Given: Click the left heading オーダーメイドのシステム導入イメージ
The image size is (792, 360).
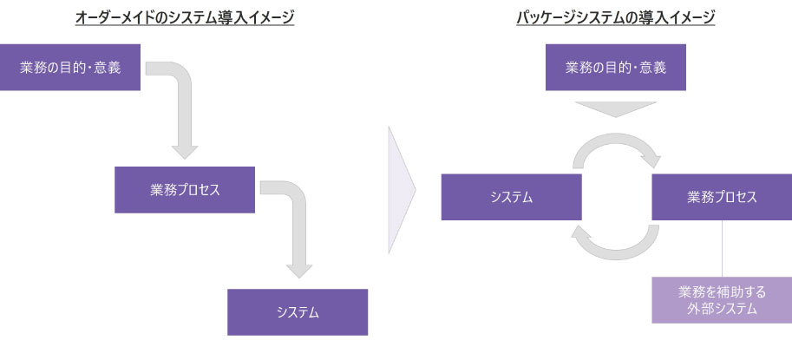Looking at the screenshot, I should point(185,17).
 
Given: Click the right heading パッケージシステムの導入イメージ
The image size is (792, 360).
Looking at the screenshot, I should point(615,17).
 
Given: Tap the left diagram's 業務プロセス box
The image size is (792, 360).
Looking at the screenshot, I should point(185,189).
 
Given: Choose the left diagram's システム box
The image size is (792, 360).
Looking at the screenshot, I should point(298,311).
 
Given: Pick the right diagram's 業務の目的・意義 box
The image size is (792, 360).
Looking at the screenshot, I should point(615,67).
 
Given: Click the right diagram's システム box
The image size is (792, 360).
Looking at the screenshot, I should point(511,197).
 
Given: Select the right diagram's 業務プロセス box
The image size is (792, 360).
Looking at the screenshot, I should point(722,197).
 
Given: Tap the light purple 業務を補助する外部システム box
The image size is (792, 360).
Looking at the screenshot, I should point(722,300).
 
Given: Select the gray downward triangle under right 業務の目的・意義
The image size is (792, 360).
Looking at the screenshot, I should point(617,108).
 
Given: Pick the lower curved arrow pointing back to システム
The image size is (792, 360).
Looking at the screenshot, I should point(616,246).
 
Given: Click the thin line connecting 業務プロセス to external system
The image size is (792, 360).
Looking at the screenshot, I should point(723,248).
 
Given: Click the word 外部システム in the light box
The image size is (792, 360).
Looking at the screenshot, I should point(722,309).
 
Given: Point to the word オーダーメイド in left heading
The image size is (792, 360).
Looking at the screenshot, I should point(112,17).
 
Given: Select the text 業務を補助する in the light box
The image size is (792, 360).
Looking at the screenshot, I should point(722,291).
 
